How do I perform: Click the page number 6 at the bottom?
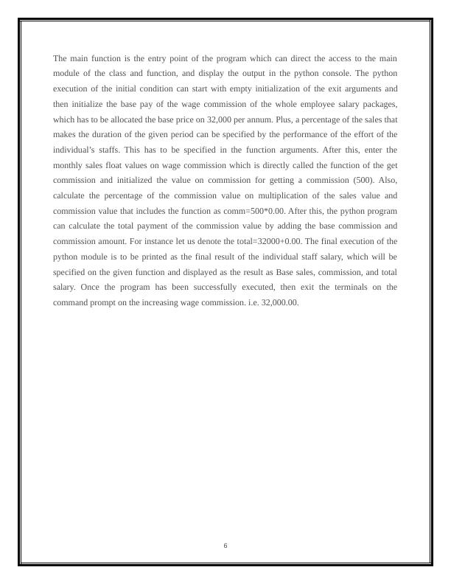[x=225, y=546]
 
